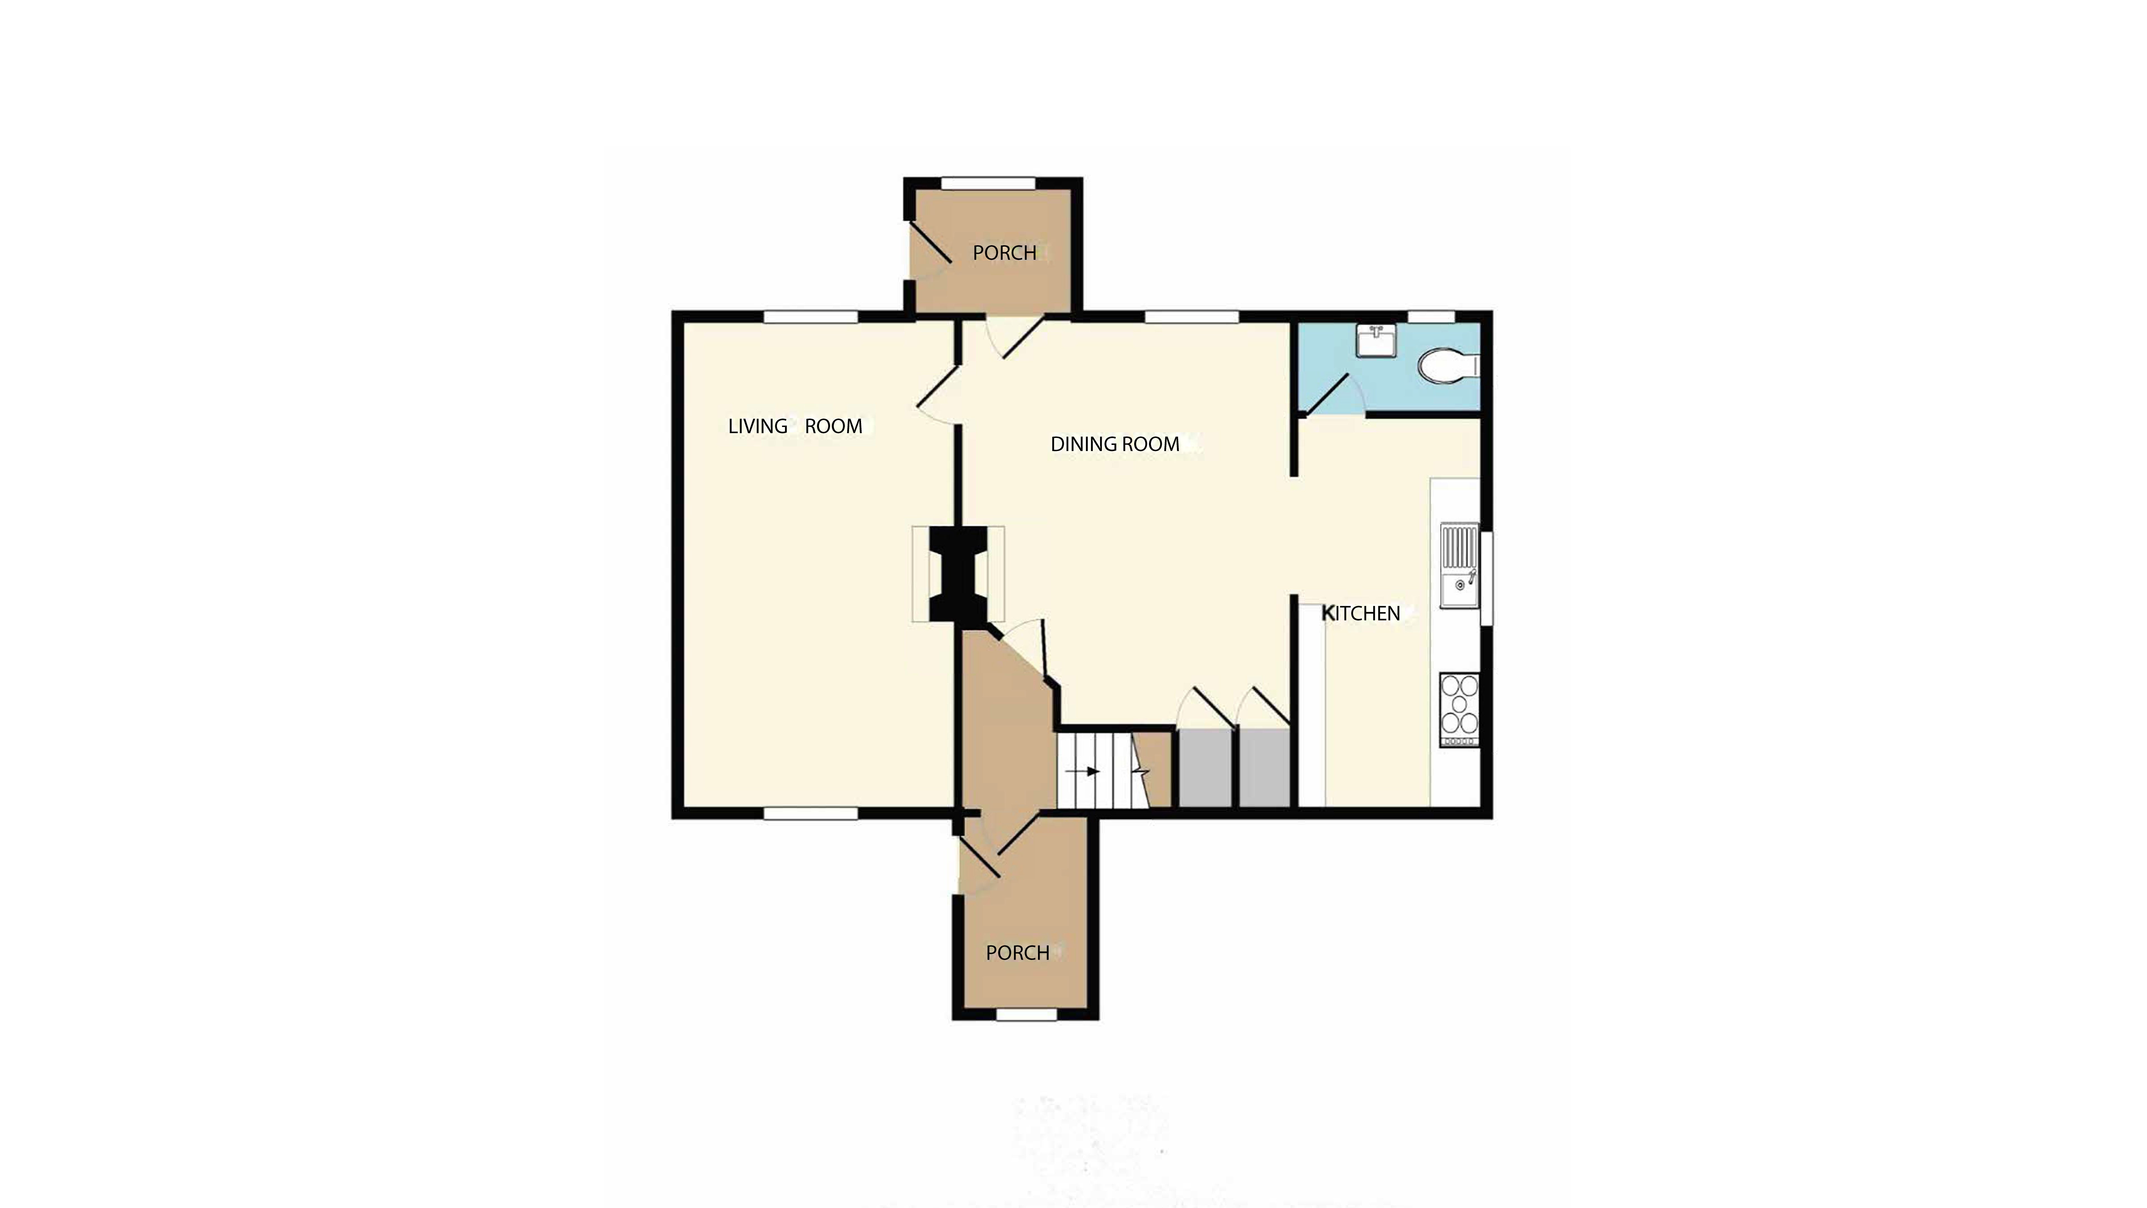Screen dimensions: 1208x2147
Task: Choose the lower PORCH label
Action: (x=1018, y=952)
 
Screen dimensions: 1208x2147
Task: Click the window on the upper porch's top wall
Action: (x=989, y=183)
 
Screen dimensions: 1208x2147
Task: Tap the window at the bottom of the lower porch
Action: (x=1026, y=1014)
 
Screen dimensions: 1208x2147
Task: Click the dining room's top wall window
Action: (x=1192, y=317)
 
